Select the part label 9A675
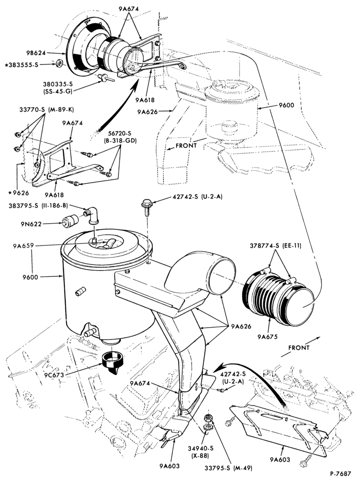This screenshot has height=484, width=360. click(x=268, y=336)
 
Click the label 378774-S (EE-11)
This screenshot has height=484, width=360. click(x=275, y=246)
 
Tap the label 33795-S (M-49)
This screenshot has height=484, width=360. click(x=228, y=468)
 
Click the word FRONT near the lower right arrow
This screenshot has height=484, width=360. click(x=299, y=348)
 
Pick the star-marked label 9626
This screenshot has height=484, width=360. click(x=19, y=193)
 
